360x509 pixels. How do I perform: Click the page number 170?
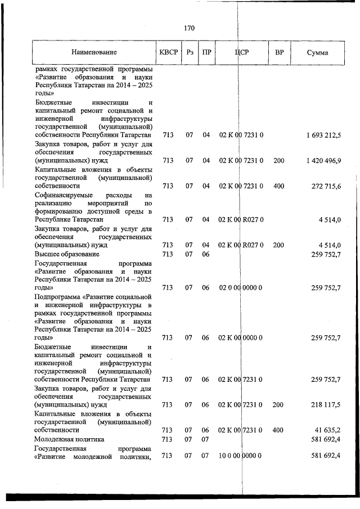[x=188, y=28]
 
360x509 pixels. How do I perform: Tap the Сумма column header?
[x=318, y=53]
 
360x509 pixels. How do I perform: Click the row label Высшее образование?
[x=67, y=254]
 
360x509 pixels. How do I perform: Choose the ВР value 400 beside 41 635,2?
[x=278, y=430]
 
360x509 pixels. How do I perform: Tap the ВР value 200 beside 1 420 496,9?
[x=278, y=160]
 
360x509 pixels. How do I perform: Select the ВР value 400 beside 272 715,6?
[x=278, y=186]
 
